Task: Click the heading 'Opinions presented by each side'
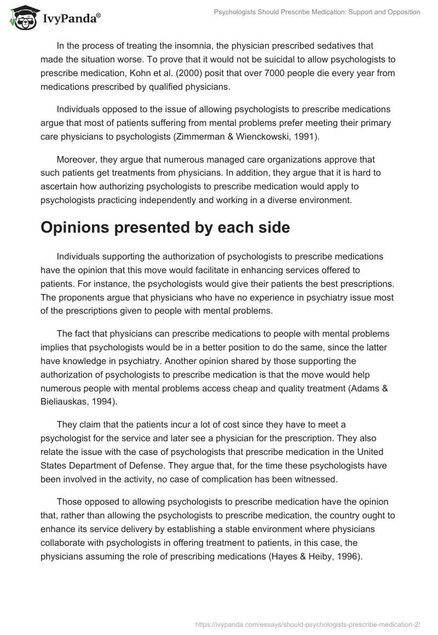(x=165, y=228)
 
